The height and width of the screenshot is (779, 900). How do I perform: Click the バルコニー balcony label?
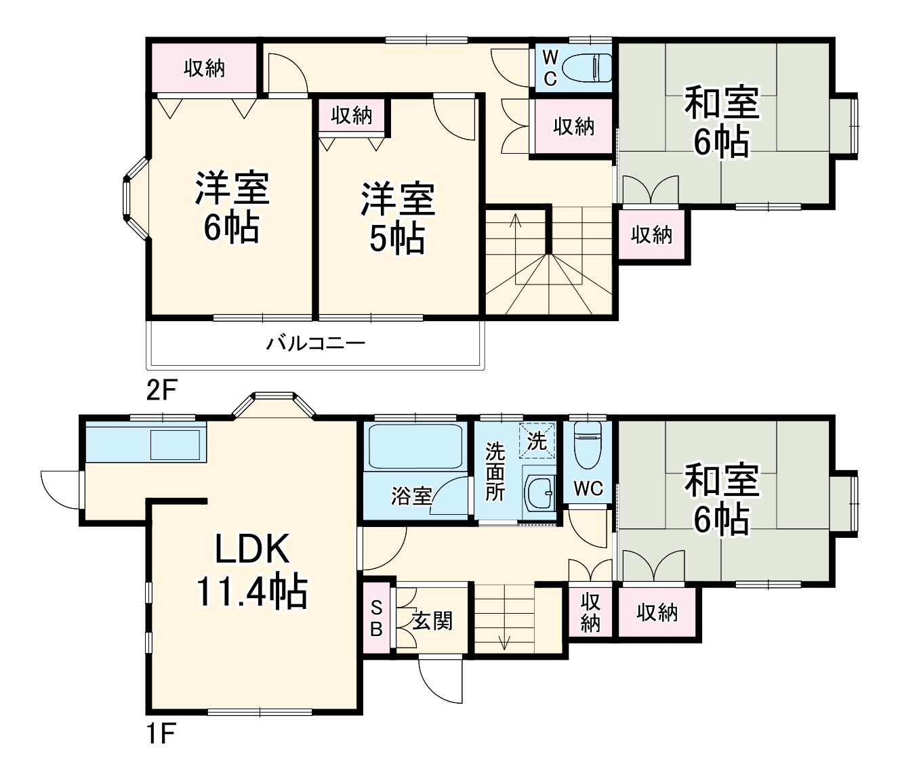point(315,343)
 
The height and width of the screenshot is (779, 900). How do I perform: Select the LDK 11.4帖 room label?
point(251,570)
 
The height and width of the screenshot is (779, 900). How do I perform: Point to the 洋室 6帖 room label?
point(232,208)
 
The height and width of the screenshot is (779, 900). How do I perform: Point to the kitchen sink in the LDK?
point(176,445)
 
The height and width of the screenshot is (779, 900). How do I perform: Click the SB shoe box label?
point(376,618)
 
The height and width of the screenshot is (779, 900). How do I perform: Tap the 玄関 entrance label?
point(432,620)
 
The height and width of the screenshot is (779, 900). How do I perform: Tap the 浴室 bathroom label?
point(411,496)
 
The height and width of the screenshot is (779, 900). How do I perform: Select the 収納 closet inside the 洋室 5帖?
point(352,115)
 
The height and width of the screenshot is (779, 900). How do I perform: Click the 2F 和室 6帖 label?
point(722,122)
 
